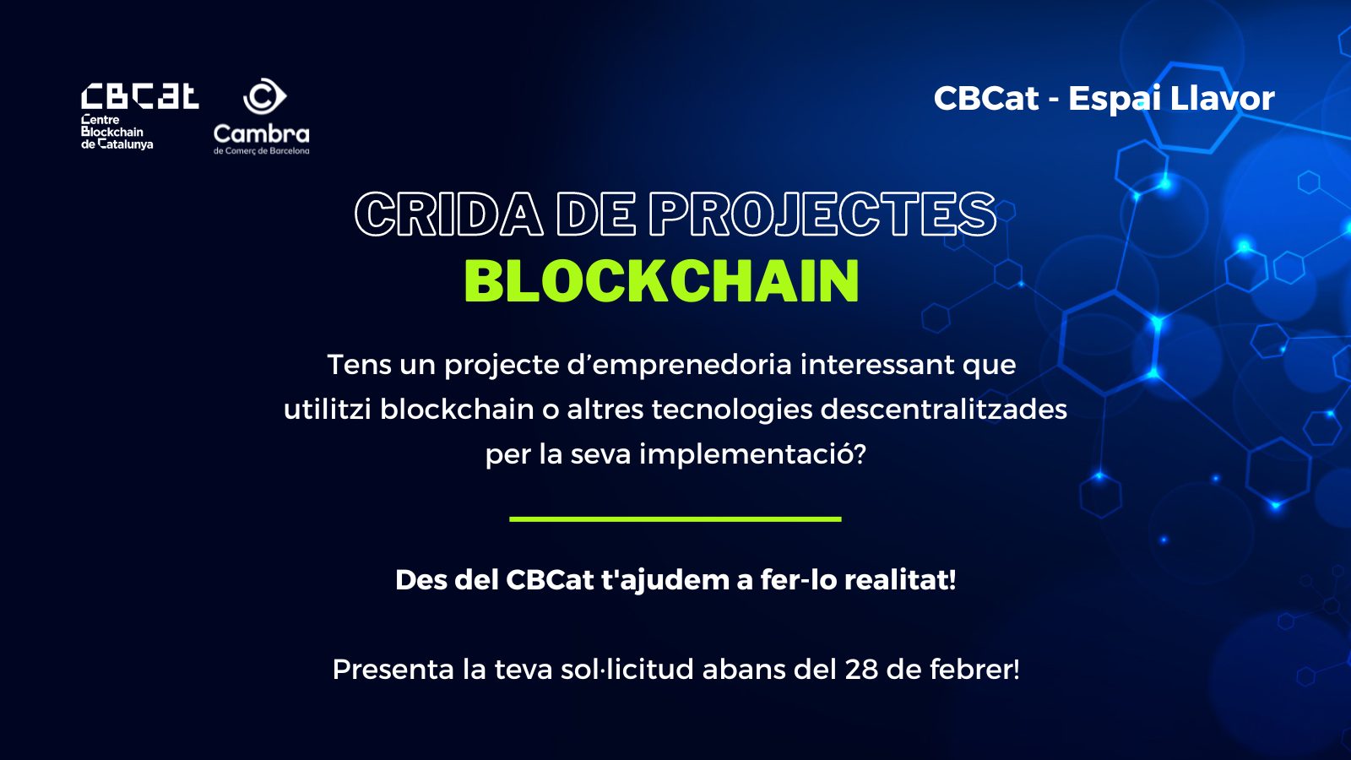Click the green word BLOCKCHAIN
pos(662,280)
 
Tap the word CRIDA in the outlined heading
pos(449,214)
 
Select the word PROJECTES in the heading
pos(822,214)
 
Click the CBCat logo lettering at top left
pos(140,96)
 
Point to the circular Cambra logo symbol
pos(264,96)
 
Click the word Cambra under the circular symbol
pos(261,133)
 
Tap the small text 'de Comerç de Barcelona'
pos(261,151)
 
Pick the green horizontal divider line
pos(675,518)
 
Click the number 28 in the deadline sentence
pos(861,670)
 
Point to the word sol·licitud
pos(627,669)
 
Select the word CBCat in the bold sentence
pos(550,580)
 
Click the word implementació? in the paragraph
pos(752,455)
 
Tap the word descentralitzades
pos(944,410)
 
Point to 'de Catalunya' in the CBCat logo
pos(117,144)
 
